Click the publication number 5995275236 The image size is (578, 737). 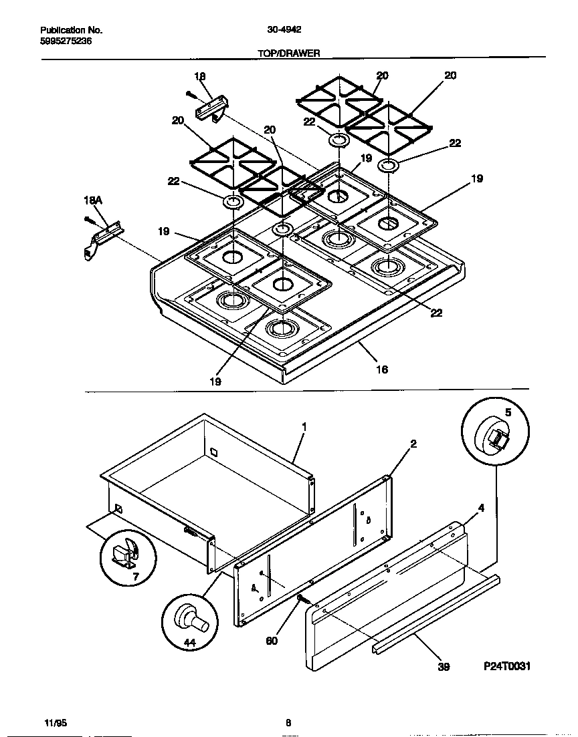pos(66,41)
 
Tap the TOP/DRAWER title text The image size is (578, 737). pos(289,53)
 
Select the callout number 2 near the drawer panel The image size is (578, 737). pos(413,444)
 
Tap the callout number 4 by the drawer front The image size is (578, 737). pos(481,508)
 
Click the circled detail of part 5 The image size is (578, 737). pos(495,432)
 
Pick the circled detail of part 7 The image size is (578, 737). pos(127,554)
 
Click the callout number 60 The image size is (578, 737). pos(271,641)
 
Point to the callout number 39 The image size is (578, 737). pos(444,666)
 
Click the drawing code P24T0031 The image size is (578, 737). pos(506,666)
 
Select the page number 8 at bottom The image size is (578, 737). pos(288,722)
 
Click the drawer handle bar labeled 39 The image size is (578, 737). pos(435,613)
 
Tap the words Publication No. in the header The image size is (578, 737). pos(72,30)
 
